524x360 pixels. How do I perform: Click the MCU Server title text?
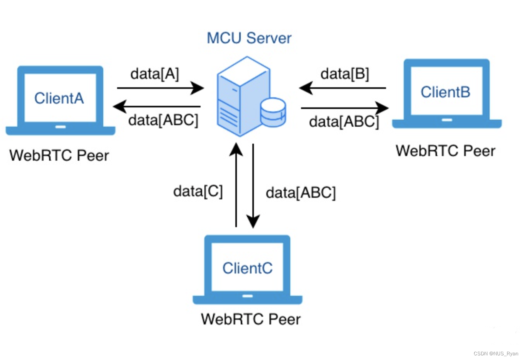(x=249, y=38)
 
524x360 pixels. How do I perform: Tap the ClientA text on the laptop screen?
(x=59, y=98)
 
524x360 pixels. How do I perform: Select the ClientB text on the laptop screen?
(x=446, y=92)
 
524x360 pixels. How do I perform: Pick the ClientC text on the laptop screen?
(x=247, y=268)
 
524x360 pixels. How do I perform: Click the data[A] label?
(x=155, y=74)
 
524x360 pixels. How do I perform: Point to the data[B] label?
(x=345, y=74)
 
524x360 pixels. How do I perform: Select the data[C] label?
(x=198, y=192)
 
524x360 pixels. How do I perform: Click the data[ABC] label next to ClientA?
(x=163, y=120)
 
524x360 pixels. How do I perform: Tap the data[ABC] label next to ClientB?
(x=344, y=122)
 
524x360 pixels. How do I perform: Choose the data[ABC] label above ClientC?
(x=301, y=193)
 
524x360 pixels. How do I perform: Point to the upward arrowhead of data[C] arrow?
(x=236, y=149)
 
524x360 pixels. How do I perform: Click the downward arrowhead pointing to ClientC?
(x=253, y=222)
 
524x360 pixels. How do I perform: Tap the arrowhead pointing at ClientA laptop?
(x=120, y=107)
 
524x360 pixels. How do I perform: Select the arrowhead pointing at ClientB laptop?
(x=382, y=108)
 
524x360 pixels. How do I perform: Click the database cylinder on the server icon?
(x=273, y=112)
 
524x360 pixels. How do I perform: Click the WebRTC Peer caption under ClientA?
(x=59, y=155)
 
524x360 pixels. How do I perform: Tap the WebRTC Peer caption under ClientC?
(x=251, y=319)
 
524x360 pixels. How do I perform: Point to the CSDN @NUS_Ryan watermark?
(x=496, y=353)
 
